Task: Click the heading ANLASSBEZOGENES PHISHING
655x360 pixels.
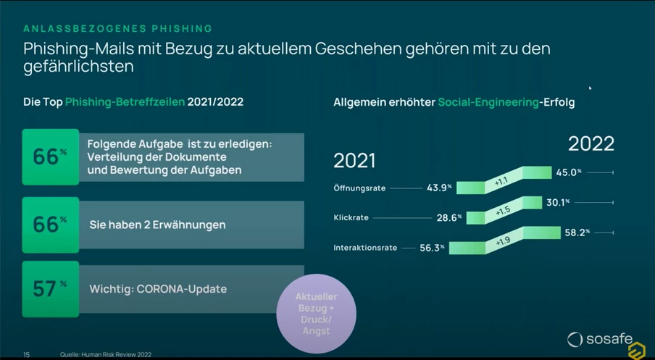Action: tap(117, 29)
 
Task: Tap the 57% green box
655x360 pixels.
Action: tap(50, 289)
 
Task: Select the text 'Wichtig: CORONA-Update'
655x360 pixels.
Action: tap(157, 289)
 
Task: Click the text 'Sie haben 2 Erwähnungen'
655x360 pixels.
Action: tap(157, 225)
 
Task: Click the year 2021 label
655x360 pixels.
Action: tap(354, 161)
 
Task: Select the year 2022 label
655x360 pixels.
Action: tap(591, 143)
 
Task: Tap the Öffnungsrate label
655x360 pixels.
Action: tap(359, 188)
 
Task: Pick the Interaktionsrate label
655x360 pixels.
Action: tap(365, 248)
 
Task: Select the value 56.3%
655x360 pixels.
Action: tap(431, 248)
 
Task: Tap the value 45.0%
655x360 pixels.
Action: tap(569, 172)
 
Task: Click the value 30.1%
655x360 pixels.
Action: tap(558, 203)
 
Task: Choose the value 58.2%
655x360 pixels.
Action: tap(577, 233)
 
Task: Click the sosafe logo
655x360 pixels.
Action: tap(599, 338)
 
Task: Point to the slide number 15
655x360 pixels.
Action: tap(27, 355)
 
